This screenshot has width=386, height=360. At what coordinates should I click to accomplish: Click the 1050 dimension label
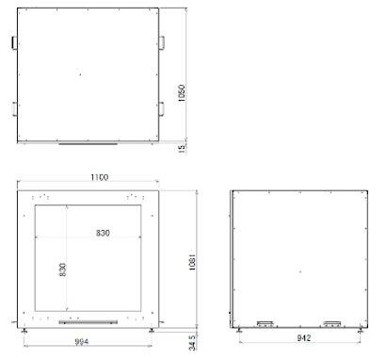pyautogui.click(x=182, y=93)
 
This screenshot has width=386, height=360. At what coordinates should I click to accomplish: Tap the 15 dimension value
pyautogui.click(x=182, y=149)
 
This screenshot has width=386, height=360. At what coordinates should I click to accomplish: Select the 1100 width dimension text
pyautogui.click(x=100, y=177)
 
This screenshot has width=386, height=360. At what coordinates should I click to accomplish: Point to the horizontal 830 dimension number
pyautogui.click(x=103, y=233)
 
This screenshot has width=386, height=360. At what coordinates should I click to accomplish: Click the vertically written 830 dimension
pyautogui.click(x=62, y=270)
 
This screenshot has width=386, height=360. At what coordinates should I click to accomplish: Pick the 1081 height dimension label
pyautogui.click(x=192, y=262)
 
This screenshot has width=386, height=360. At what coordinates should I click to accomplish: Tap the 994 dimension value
pyautogui.click(x=82, y=341)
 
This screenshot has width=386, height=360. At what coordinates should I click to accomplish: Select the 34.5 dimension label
pyautogui.click(x=192, y=342)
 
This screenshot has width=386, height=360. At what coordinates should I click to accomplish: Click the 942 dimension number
pyautogui.click(x=304, y=338)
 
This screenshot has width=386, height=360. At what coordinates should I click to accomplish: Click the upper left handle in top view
pyautogui.click(x=14, y=42)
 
